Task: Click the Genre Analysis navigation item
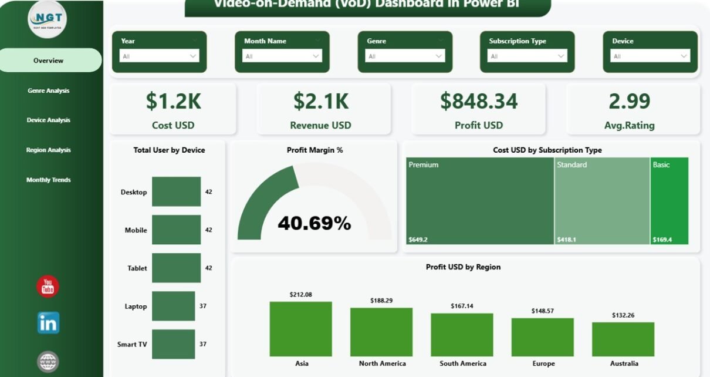point(49,90)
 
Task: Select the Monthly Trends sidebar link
point(49,180)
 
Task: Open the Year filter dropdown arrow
point(193,56)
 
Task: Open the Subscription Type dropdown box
point(527,56)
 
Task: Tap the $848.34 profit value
point(479,101)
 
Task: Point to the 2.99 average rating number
point(630,101)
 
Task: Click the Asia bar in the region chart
point(301,329)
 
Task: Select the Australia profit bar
point(623,339)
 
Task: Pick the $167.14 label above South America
point(462,306)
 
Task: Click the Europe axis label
point(543,363)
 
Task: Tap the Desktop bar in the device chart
point(176,192)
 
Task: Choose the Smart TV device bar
point(173,344)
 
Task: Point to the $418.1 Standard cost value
point(566,240)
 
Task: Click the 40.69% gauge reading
point(314,223)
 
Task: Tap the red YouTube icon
point(48,287)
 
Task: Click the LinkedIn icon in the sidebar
point(48,322)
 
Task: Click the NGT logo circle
point(48,19)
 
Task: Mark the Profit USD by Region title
point(463,267)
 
